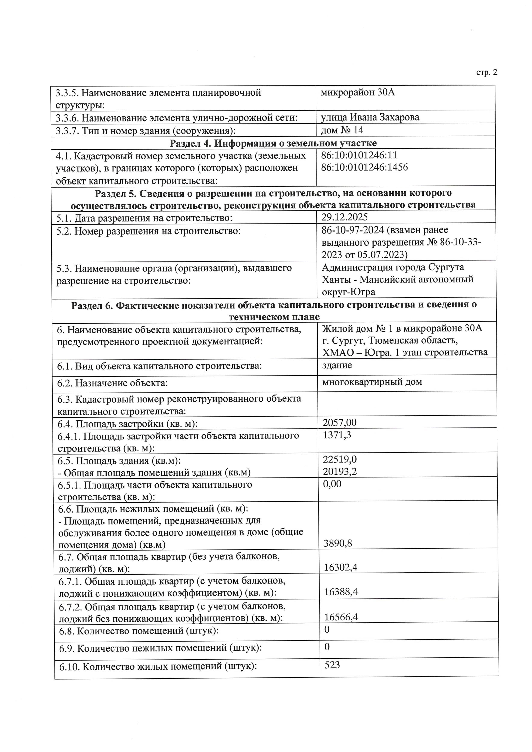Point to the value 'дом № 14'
342,130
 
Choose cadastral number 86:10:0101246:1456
364,167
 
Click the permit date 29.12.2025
345,217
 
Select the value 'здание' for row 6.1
337,365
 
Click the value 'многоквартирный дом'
372,382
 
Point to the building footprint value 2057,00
339,423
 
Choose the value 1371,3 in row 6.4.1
337,435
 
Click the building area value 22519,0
339,460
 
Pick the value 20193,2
339,472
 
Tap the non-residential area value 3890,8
338,543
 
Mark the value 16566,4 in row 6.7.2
341,617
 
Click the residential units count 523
332,665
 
